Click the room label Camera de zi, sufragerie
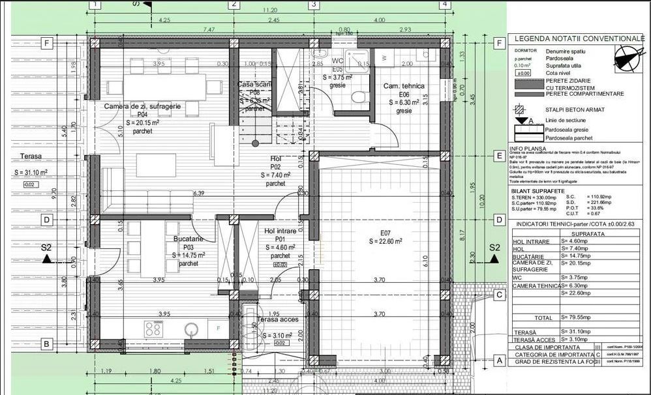click(142, 106)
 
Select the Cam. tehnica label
click(404, 86)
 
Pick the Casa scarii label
click(254, 85)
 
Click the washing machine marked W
click(384, 57)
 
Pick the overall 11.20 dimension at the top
click(269, 10)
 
